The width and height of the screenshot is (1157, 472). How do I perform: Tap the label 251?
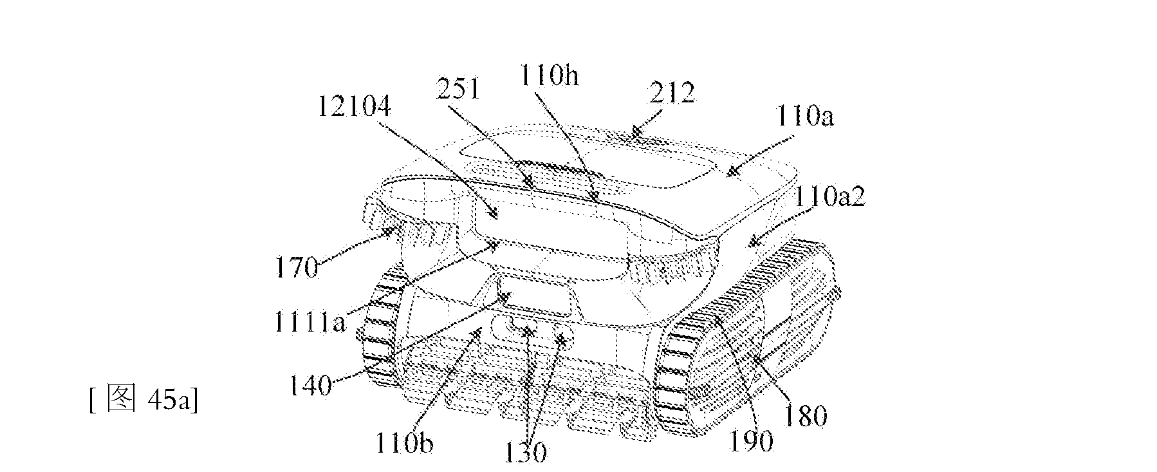tap(458, 88)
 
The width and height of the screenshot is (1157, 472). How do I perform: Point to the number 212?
tap(672, 94)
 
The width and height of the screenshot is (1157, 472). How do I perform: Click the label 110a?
tap(804, 118)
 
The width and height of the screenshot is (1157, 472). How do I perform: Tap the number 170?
tap(297, 267)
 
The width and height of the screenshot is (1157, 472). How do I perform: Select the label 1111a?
tap(310, 321)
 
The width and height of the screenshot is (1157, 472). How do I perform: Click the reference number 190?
tap(752, 442)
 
